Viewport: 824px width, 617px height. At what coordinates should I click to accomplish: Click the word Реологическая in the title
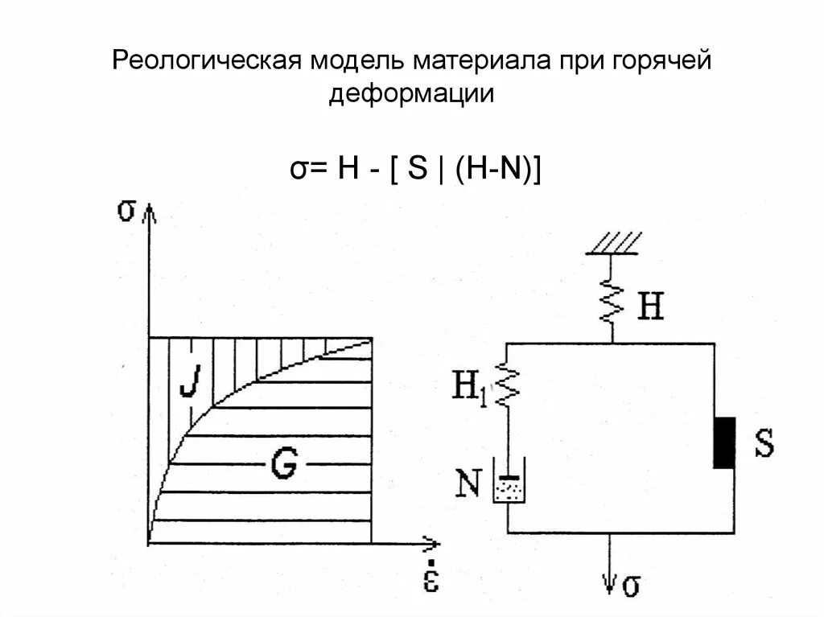coord(207,61)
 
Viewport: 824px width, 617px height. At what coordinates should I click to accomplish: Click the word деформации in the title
coord(411,94)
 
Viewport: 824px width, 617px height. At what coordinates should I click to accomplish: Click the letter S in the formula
coord(416,170)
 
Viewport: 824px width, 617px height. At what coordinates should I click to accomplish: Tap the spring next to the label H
coord(612,304)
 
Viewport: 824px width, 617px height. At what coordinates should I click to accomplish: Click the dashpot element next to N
coord(508,486)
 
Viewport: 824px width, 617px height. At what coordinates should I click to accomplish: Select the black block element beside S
coord(724,442)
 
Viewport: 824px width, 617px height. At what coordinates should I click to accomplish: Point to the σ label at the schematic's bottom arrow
coord(632,586)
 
